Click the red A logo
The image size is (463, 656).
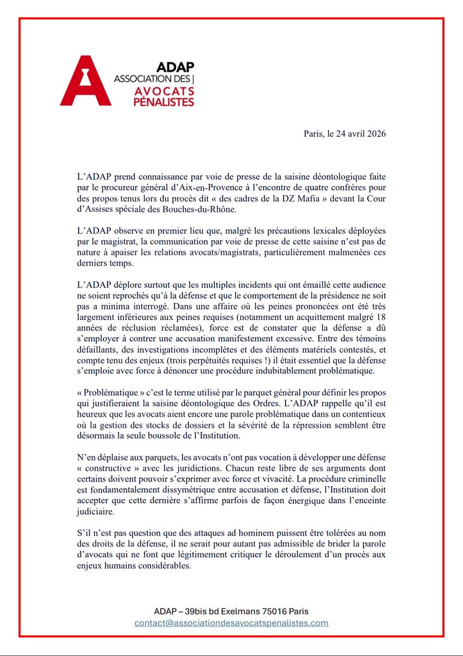[x=86, y=80]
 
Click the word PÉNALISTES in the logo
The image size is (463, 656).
[x=165, y=101]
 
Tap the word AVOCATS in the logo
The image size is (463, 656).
[x=163, y=90]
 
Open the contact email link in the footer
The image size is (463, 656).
[x=232, y=623]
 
